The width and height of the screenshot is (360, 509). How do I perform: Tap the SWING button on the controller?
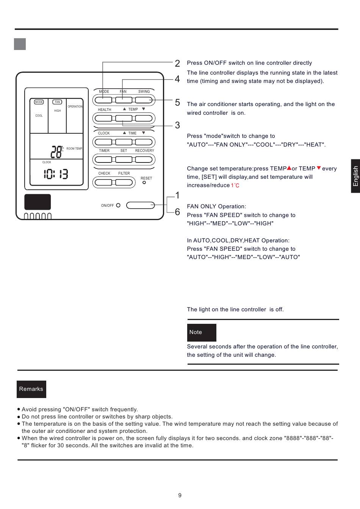[144, 100]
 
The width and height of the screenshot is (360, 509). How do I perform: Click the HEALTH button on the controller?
[103, 118]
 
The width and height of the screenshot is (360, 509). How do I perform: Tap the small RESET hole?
[144, 183]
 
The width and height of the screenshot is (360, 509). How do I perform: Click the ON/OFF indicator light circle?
[118, 205]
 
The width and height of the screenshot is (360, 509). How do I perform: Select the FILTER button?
[124, 182]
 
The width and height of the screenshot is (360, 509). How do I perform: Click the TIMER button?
[103, 159]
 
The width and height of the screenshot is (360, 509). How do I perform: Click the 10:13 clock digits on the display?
[56, 174]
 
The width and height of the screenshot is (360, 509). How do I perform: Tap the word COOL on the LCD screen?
[39, 116]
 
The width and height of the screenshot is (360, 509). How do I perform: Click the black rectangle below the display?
[38, 202]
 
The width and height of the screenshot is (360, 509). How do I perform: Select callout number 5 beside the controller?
[177, 103]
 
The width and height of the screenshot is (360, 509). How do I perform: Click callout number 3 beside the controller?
[177, 125]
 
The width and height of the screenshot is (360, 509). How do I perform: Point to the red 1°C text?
[235, 186]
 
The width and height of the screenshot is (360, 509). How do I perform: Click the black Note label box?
[202, 333]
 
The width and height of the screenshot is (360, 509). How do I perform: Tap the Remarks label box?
[31, 389]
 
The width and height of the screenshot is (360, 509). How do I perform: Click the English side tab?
[355, 176]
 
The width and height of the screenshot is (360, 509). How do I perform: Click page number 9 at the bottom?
[180, 495]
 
